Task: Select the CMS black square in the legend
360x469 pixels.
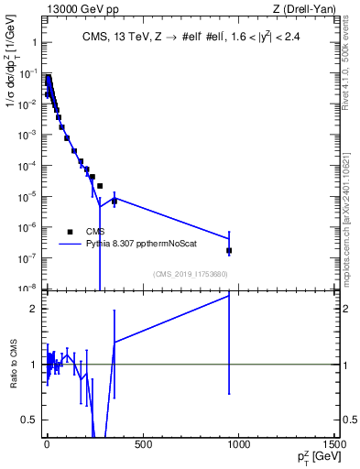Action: (70, 232)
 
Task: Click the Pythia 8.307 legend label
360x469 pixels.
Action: (136, 244)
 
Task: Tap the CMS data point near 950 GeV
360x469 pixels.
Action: (229, 250)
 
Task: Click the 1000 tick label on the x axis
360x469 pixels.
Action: (238, 445)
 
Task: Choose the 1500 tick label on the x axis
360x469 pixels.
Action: (334, 445)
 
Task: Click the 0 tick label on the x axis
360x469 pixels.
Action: (46, 445)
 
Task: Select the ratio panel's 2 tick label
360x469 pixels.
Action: (33, 309)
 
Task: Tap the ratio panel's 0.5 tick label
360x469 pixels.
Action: (29, 420)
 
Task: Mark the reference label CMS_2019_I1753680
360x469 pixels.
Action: (191, 274)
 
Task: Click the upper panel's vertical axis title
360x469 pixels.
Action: (13, 82)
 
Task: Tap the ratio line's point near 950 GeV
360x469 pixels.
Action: (229, 296)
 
